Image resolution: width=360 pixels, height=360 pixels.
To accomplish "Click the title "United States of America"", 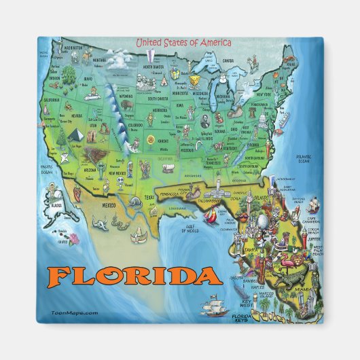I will point(183,43).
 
